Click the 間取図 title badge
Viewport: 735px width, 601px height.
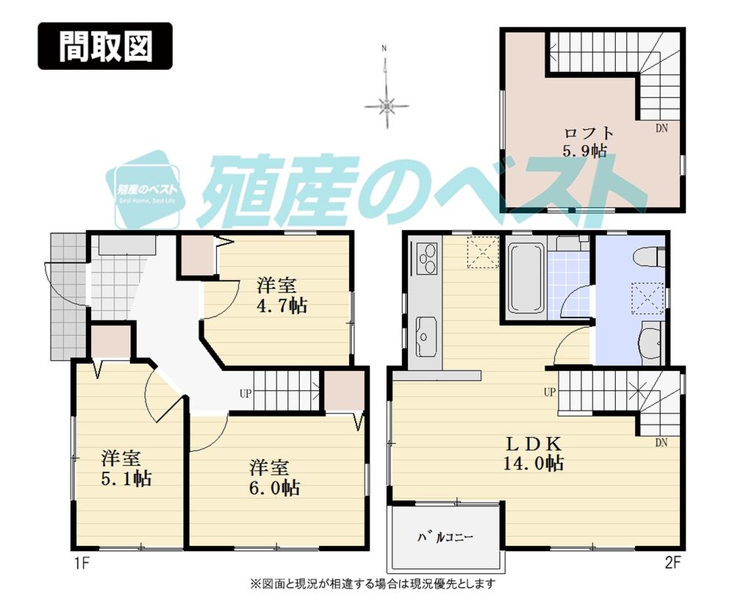pyautogui.click(x=105, y=46)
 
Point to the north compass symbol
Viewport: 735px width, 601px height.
pyautogui.click(x=386, y=106)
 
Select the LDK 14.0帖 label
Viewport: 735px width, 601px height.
pyautogui.click(x=534, y=453)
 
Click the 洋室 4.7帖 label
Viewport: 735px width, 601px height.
pyautogui.click(x=282, y=295)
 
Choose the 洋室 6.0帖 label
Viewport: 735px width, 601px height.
pyautogui.click(x=273, y=477)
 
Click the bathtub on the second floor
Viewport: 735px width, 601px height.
pyautogui.click(x=524, y=278)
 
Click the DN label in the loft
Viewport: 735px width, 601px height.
pyautogui.click(x=662, y=128)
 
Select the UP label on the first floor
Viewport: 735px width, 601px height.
pyautogui.click(x=245, y=393)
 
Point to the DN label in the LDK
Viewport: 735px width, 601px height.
pyautogui.click(x=661, y=442)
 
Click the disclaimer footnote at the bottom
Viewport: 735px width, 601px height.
pyautogui.click(x=373, y=584)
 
